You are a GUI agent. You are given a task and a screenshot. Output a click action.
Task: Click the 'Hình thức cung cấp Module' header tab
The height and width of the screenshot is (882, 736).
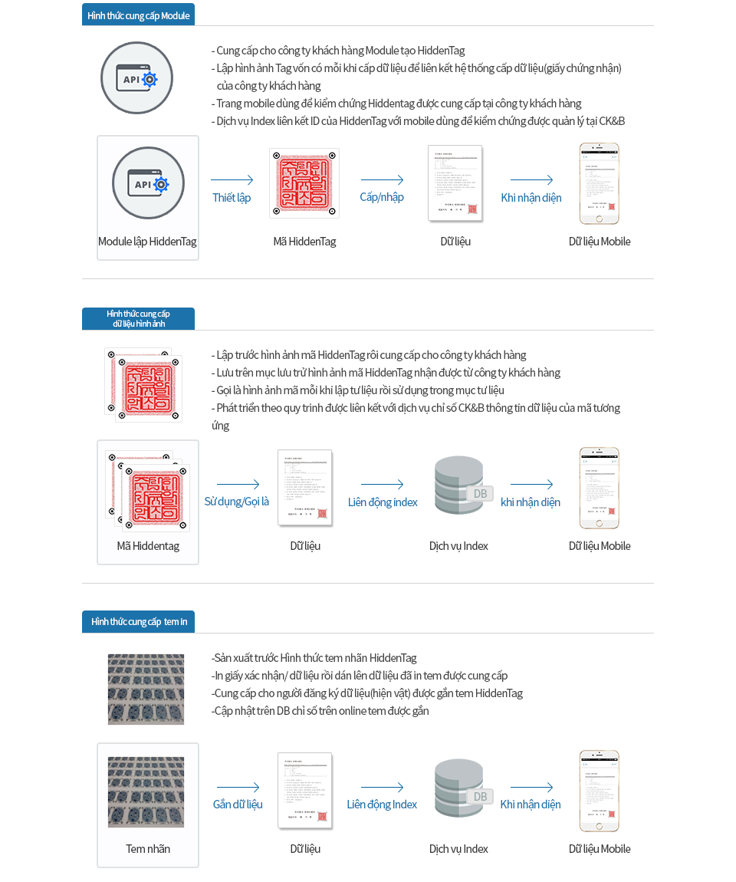point(138,15)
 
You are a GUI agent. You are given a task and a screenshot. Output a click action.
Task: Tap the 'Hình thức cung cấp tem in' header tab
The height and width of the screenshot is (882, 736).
point(139,621)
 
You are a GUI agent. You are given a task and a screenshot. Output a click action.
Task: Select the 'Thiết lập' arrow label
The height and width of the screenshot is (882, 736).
point(232,198)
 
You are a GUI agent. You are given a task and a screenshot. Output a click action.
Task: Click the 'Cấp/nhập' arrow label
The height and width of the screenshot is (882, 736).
point(382,197)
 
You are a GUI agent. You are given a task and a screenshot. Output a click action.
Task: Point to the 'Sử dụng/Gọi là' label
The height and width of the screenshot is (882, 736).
point(237,502)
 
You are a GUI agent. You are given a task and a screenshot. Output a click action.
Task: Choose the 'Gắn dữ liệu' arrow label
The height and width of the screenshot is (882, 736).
point(238,805)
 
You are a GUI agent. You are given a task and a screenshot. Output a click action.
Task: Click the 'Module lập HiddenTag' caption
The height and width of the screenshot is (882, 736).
point(147,242)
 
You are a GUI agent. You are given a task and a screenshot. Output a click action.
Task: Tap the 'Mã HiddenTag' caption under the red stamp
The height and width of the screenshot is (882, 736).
point(304,242)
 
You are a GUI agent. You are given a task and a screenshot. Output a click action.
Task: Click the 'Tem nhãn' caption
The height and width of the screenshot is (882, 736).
point(148,849)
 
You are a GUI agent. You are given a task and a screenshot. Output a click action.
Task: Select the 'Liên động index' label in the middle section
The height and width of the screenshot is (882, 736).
point(383,502)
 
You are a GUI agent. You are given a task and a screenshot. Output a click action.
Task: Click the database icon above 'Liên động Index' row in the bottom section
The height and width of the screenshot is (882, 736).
point(460,788)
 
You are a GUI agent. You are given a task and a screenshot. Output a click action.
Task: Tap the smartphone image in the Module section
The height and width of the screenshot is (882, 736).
point(600,183)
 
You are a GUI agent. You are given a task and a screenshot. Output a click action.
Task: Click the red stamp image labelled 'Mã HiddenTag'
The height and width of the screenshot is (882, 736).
point(304,183)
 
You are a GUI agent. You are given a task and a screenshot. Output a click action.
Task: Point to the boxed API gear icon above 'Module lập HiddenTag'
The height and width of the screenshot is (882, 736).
point(148,183)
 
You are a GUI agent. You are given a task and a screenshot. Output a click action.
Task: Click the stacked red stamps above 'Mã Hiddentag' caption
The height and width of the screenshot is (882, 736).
point(148,490)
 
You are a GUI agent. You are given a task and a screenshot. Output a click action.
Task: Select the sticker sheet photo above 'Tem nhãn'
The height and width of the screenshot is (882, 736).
point(146,792)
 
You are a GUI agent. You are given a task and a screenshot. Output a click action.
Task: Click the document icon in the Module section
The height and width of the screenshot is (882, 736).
point(455,183)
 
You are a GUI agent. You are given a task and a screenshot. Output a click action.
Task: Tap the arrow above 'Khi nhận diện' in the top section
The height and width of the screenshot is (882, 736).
point(531,180)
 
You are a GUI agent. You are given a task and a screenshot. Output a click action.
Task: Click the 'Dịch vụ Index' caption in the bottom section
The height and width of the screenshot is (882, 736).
point(458,849)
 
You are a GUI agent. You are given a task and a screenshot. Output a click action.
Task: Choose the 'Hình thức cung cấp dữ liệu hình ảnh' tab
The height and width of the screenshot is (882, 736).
point(139,318)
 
